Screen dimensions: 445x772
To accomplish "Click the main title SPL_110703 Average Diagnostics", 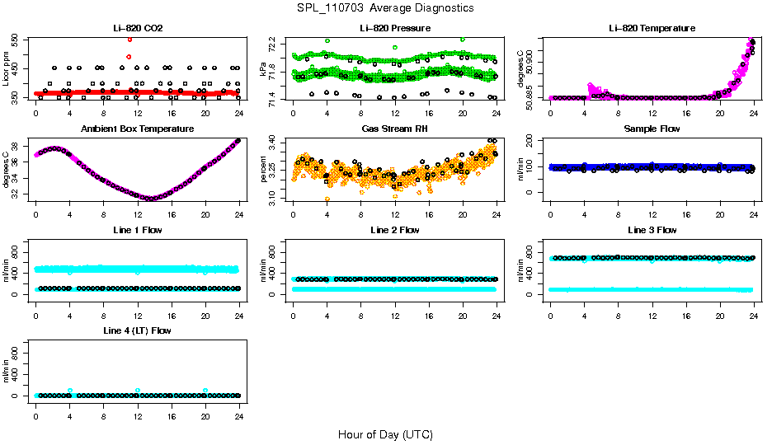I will point(385,7).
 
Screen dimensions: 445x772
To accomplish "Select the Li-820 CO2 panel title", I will point(138,28).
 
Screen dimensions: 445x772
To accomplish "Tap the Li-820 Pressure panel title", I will point(394,28).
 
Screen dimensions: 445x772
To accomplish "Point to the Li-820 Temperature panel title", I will point(652,28).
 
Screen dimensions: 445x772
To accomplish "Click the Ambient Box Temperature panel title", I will point(138,129).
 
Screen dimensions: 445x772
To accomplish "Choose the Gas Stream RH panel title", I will point(394,129).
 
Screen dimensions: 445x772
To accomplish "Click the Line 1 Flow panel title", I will point(138,230).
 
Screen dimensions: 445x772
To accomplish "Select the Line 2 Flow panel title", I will point(394,230).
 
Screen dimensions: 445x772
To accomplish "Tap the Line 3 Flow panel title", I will point(652,230).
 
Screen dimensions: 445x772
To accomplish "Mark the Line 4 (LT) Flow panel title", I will point(138,330).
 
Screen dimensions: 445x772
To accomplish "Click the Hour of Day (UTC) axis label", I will point(385,434).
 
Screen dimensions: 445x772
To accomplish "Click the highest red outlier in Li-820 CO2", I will point(129,40).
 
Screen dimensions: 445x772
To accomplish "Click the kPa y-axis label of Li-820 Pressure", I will point(264,70).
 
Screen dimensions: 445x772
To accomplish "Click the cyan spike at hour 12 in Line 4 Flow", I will point(138,390).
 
